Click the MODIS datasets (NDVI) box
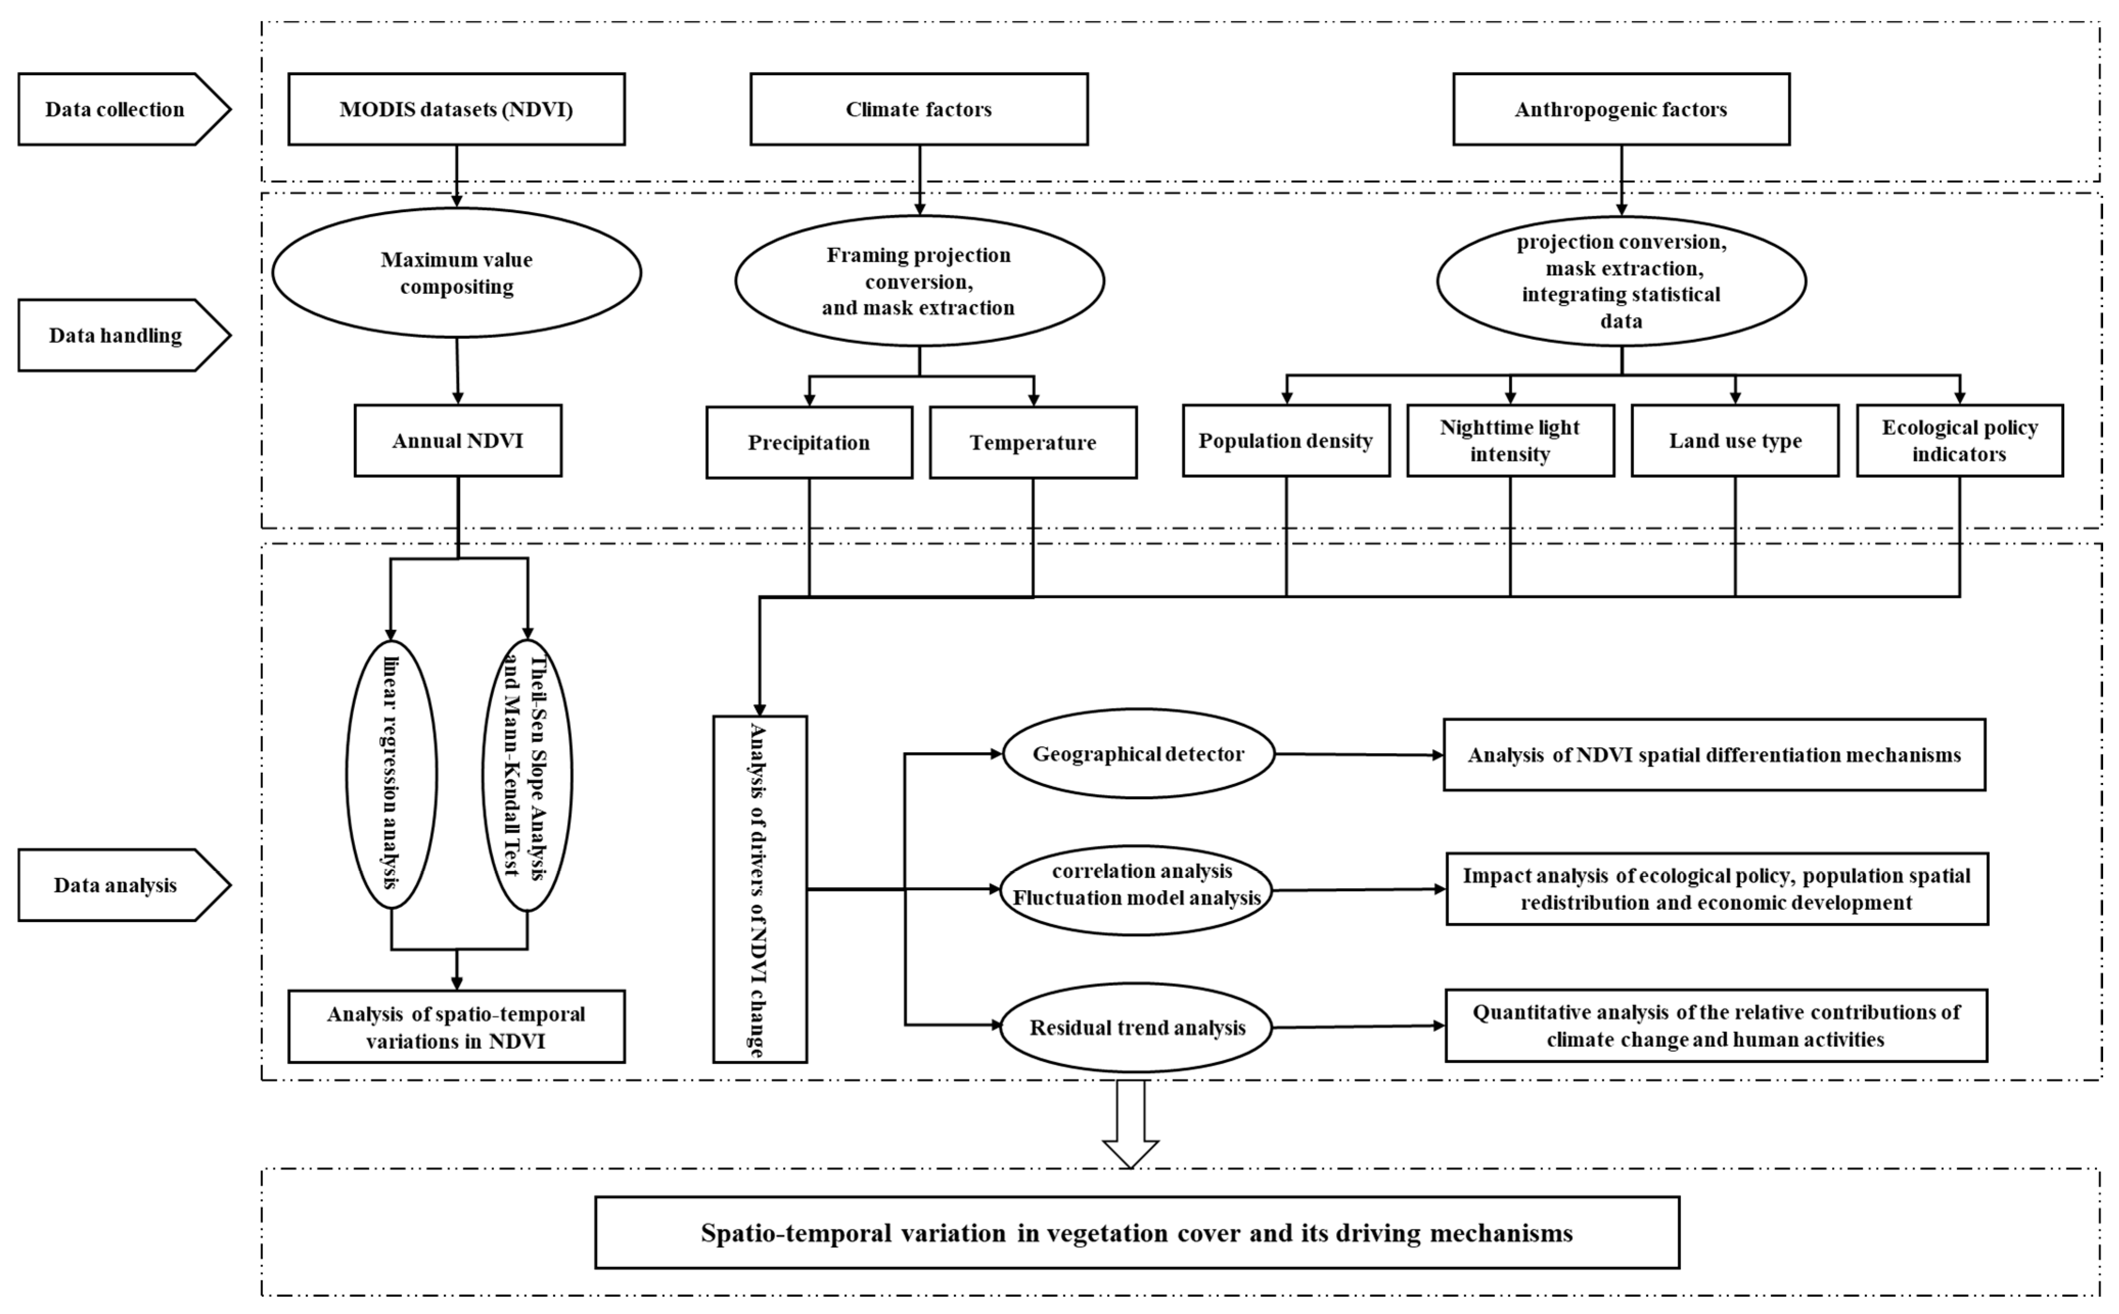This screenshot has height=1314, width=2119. [x=456, y=109]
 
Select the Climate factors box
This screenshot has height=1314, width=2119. [x=918, y=109]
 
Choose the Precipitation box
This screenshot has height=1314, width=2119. [x=809, y=443]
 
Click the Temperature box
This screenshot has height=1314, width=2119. [x=1033, y=443]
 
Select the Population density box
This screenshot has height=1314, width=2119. [x=1286, y=441]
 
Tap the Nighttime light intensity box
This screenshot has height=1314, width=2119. [x=1510, y=441]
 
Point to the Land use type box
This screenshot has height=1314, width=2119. [x=1735, y=441]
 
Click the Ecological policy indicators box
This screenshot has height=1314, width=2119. [x=1959, y=441]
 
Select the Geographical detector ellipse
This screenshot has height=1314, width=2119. [x=1138, y=753]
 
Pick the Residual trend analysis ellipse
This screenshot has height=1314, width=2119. [x=1136, y=1027]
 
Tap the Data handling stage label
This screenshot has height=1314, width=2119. [x=116, y=335]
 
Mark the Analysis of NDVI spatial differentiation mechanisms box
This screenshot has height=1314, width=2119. [x=1713, y=754]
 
